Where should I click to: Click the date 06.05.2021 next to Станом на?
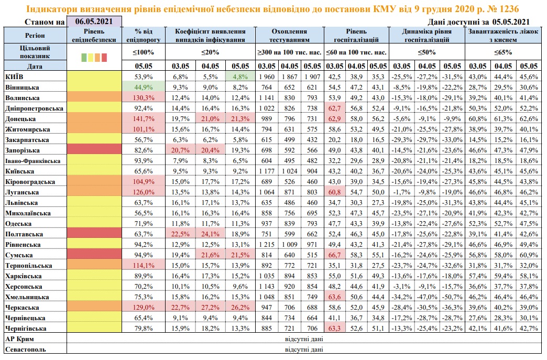[x=94, y=21]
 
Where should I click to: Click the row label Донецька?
[x=20, y=119]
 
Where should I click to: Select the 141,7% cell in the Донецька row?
[x=144, y=118]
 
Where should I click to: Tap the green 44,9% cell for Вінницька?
[x=144, y=87]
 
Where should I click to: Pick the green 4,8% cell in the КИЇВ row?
[x=240, y=77]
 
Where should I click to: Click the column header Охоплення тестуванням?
[x=289, y=35]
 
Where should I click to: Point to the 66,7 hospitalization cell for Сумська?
[x=335, y=255]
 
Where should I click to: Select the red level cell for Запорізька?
[x=94, y=150]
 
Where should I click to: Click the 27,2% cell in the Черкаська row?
[x=210, y=307]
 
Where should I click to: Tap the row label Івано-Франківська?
[x=33, y=161]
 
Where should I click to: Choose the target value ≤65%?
[x=503, y=52]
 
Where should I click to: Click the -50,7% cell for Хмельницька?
[x=452, y=297]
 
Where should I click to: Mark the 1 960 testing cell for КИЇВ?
[x=267, y=77]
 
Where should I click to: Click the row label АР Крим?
[x=19, y=339]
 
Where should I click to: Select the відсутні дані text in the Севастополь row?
[x=304, y=349]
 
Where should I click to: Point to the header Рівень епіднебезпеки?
[x=94, y=35]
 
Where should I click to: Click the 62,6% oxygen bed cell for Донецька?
[x=529, y=118]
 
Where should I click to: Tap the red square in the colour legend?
[x=104, y=58]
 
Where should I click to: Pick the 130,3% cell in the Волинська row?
[x=144, y=97]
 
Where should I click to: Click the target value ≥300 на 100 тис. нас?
[x=290, y=52]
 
